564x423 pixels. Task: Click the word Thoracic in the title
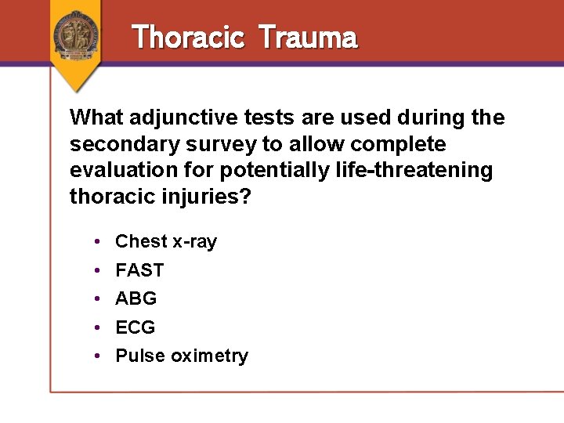(188, 37)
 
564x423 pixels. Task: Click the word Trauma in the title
(307, 37)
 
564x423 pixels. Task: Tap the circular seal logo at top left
(76, 34)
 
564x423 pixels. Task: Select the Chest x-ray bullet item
(165, 241)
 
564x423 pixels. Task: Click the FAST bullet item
(139, 270)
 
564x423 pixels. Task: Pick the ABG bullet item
(136, 298)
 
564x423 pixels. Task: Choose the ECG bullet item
(136, 327)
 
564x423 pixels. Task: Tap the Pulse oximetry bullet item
(181, 356)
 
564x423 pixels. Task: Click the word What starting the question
(96, 117)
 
